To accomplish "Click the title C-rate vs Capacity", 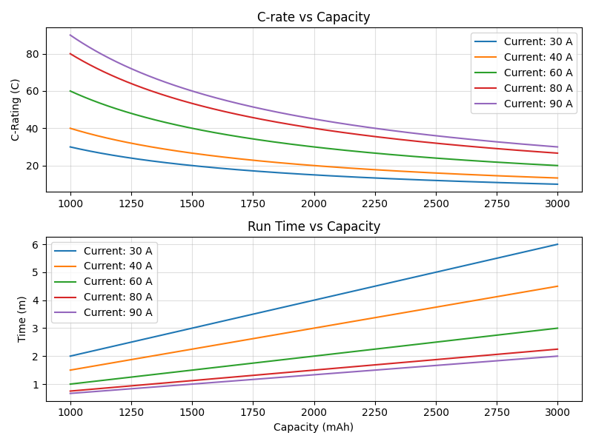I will coord(314,17).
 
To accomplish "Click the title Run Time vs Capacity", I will coord(314,226).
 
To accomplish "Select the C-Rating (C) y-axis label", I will coord(16,110).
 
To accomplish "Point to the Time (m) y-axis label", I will coord(22,319).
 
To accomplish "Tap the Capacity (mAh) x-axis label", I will coord(314,427).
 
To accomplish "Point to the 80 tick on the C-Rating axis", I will coord(33,54).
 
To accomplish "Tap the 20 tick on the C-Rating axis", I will coord(33,166).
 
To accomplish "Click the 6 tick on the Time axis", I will coord(36,244).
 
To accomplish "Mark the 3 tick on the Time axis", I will coord(36,329).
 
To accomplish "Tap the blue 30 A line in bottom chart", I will coord(314,300).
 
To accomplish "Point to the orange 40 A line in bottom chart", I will coord(314,328).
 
